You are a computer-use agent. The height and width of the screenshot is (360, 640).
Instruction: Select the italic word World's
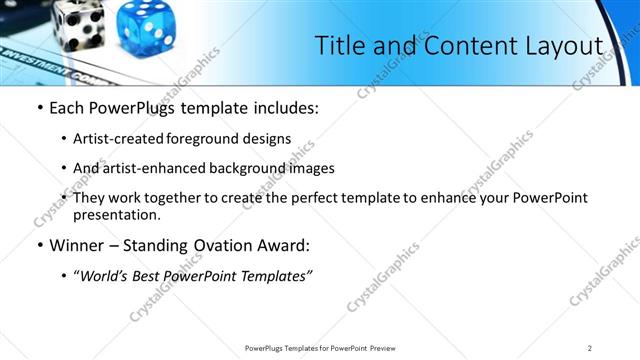pyautogui.click(x=108, y=276)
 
